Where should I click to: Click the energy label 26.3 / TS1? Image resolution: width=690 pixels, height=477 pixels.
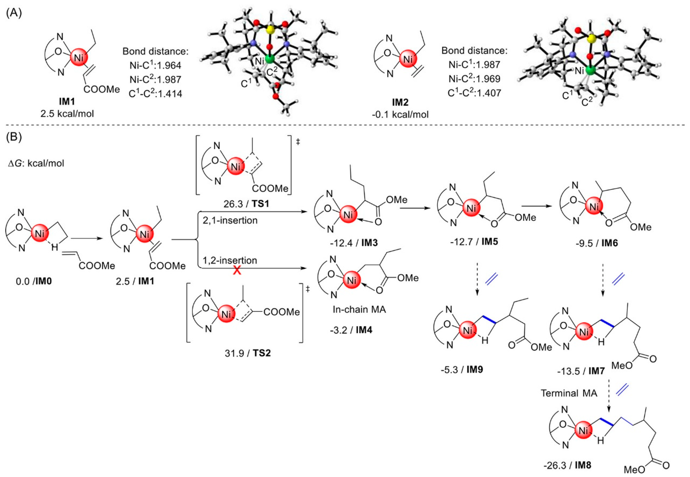pos(246,204)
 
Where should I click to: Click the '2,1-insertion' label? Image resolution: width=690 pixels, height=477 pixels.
pos(230,221)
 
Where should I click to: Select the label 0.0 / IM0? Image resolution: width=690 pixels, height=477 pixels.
pos(34,281)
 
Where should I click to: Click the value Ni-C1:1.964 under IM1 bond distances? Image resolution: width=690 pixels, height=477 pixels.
pos(155,65)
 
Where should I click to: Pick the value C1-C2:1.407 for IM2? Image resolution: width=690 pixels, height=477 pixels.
pos(474,93)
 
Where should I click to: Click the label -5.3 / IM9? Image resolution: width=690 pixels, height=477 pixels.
pos(462,370)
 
